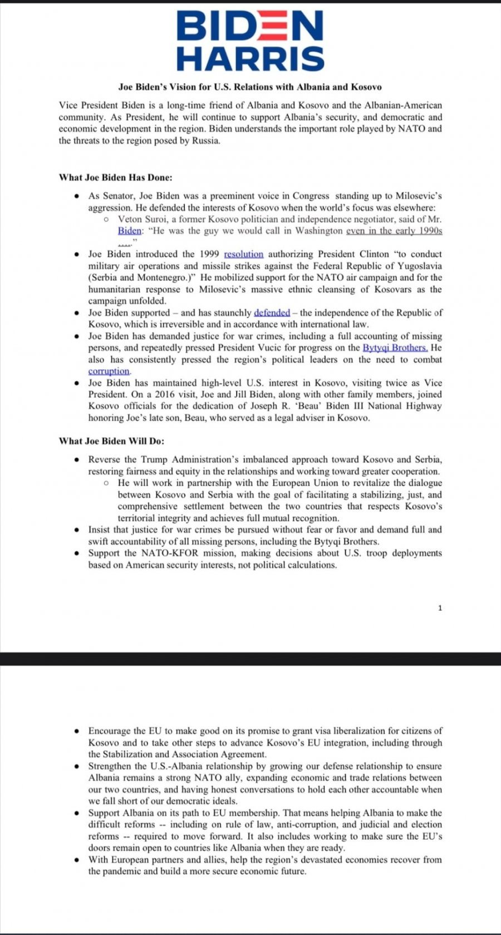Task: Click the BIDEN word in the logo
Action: point(250,26)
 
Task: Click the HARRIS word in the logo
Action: point(250,58)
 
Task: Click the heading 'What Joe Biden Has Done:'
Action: point(115,178)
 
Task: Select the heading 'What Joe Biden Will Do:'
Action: point(111,441)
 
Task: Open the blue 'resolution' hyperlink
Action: point(243,254)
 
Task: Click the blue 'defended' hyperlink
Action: point(272,313)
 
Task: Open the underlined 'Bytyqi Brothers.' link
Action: point(395,348)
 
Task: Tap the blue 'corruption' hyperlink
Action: point(109,371)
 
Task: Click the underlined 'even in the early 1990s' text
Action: point(394,231)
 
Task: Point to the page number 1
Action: point(440,608)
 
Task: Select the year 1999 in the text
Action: point(209,254)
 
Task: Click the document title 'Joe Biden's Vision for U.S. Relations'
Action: point(250,87)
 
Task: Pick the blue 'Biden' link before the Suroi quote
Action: point(130,231)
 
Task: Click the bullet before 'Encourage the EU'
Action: point(77,731)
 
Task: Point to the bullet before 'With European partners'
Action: point(77,860)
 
